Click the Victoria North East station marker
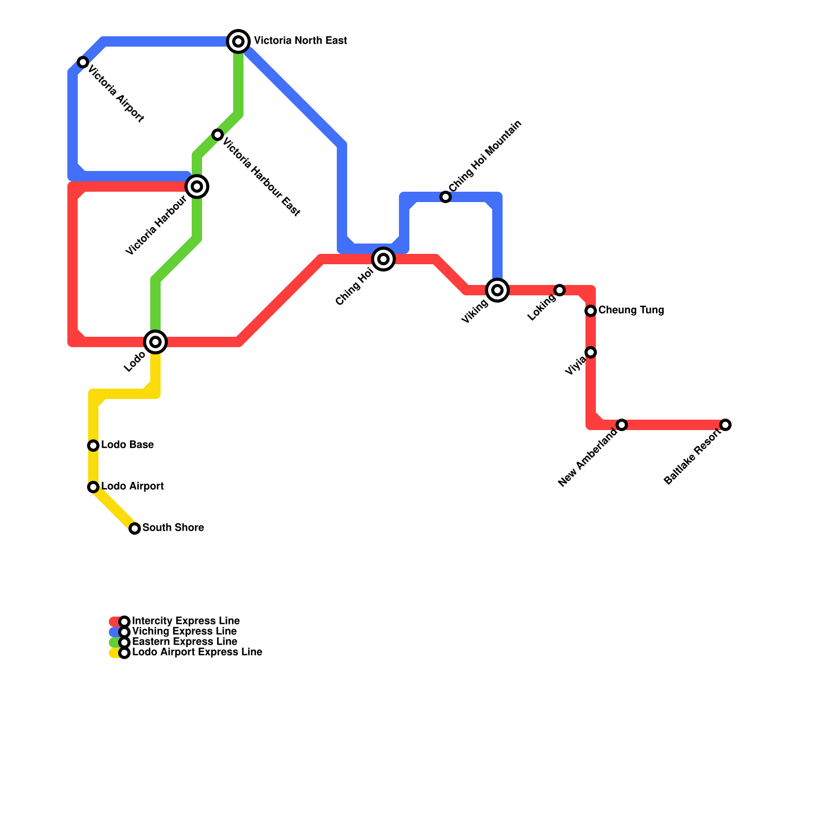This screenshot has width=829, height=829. (238, 41)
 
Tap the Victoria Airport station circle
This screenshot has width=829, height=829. (83, 62)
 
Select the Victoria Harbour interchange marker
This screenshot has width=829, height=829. (197, 187)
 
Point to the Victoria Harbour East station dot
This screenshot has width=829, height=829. (218, 135)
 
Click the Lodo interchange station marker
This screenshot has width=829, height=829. (155, 342)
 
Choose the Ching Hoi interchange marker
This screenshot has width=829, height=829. (383, 259)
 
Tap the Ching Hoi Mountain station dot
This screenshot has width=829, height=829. (446, 197)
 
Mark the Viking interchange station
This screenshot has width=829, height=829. (497, 290)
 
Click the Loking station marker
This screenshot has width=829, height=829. (560, 290)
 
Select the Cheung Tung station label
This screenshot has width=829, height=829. (631, 310)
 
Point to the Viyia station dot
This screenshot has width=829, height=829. (591, 352)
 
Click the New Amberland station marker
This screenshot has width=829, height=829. (622, 425)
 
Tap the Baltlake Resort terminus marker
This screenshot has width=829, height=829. (725, 425)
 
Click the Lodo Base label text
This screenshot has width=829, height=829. (127, 445)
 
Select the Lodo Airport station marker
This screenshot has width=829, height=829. (93, 487)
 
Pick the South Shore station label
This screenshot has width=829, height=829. (173, 528)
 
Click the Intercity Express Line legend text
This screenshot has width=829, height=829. (185, 621)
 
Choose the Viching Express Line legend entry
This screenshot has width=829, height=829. (184, 632)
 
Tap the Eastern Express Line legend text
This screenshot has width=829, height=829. (184, 642)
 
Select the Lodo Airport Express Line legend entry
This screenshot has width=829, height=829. (197, 652)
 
